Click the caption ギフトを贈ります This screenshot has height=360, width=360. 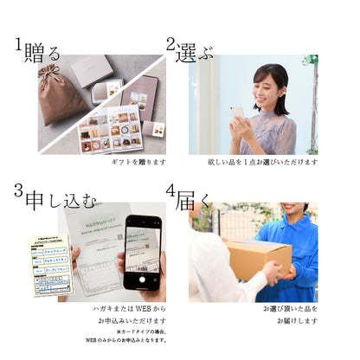(x=138, y=163)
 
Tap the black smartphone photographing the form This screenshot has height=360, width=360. (x=141, y=254)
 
